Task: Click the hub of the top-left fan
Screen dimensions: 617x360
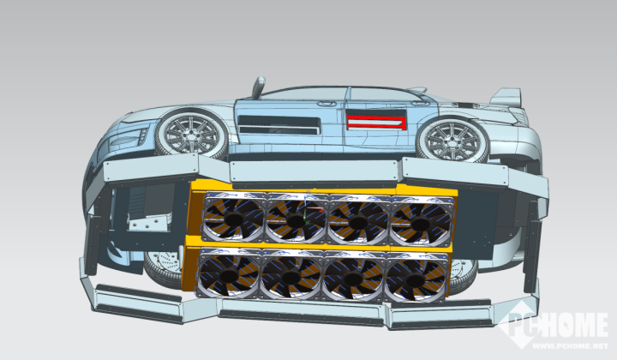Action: pyautogui.click(x=233, y=219)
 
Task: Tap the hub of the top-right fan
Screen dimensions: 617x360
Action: pyautogui.click(x=419, y=225)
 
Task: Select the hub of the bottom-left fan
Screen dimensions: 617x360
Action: pyautogui.click(x=229, y=274)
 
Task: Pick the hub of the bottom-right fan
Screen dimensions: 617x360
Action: pyautogui.click(x=415, y=279)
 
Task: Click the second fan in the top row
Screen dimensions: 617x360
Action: pyautogui.click(x=296, y=219)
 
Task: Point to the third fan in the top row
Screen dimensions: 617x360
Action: pyautogui.click(x=357, y=221)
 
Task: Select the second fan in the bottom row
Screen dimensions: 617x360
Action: pyautogui.click(x=291, y=274)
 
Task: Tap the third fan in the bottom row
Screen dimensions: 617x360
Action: pyautogui.click(x=353, y=277)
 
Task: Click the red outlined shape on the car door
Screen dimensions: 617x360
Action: pyautogui.click(x=376, y=121)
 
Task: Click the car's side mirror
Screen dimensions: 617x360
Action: pyautogui.click(x=259, y=87)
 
